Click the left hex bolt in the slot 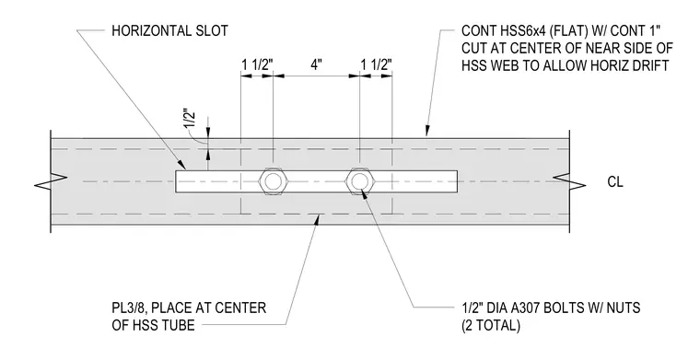pos(274,181)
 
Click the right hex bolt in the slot pos(360,181)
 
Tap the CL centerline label pos(615,182)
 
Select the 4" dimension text pos(316,64)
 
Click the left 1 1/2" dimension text pos(257,64)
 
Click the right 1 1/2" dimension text pos(377,64)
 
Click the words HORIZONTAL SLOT pos(169,30)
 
